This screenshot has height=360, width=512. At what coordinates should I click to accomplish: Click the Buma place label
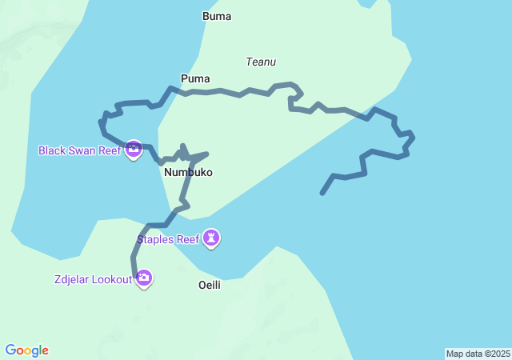pos(216,15)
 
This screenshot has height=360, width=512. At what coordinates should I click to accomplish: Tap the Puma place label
pos(195,78)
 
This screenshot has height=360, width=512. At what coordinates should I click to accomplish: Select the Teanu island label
pos(261,62)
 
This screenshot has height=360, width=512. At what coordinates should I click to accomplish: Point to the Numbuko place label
pos(188,172)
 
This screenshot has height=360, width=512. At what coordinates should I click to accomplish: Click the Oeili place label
pos(209,285)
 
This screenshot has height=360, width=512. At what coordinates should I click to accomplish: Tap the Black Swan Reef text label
pos(79,150)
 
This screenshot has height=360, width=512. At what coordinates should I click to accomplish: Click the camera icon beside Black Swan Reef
pos(134,150)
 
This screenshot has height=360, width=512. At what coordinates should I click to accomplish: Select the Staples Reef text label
pos(168,238)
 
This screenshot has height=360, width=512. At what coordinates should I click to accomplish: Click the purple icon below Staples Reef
pos(211,238)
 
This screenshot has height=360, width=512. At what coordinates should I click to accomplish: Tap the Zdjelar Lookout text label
pos(89,278)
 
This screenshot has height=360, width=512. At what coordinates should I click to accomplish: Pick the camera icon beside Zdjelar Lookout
pos(144,278)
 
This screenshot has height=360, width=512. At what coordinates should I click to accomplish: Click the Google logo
pos(26,350)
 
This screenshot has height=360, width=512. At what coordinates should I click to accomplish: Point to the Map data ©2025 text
pos(478,354)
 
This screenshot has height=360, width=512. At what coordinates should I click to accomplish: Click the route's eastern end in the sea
pos(322,193)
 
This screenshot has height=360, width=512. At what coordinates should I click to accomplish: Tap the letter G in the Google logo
pos(10,350)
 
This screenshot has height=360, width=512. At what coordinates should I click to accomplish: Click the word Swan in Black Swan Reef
pos(82,150)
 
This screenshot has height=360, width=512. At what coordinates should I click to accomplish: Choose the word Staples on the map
pos(157,238)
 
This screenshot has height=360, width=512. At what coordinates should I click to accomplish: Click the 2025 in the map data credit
pos(500,354)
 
